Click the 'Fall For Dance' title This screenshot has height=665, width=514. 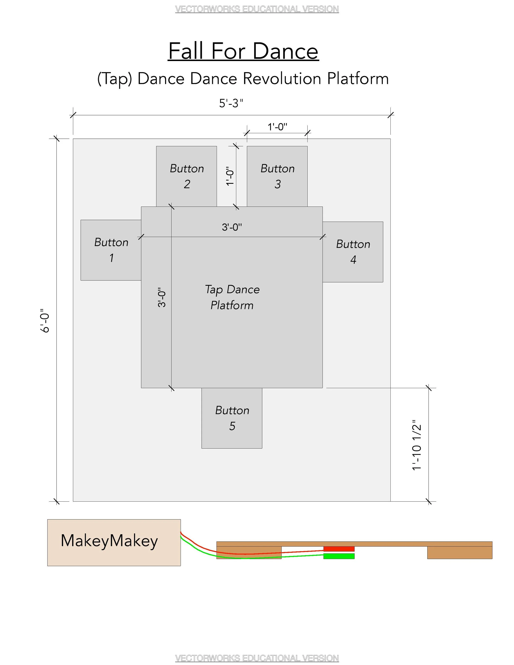click(x=243, y=51)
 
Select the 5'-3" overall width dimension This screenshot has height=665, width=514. click(x=231, y=104)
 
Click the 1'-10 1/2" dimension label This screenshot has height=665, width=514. click(x=417, y=445)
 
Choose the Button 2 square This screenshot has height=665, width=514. click(x=186, y=176)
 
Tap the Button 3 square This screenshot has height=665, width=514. click(x=277, y=176)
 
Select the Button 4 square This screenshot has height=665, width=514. click(x=353, y=252)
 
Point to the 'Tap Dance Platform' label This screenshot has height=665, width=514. click(x=232, y=297)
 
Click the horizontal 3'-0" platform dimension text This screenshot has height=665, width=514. click(x=232, y=227)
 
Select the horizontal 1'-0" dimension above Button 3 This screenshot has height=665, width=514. click(x=277, y=127)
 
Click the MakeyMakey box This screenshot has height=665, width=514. click(x=114, y=543)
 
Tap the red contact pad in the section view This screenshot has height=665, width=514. click(x=339, y=549)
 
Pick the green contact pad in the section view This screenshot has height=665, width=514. click(x=339, y=556)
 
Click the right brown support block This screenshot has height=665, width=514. click(x=460, y=553)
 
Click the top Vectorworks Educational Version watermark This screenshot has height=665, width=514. click(x=257, y=9)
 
